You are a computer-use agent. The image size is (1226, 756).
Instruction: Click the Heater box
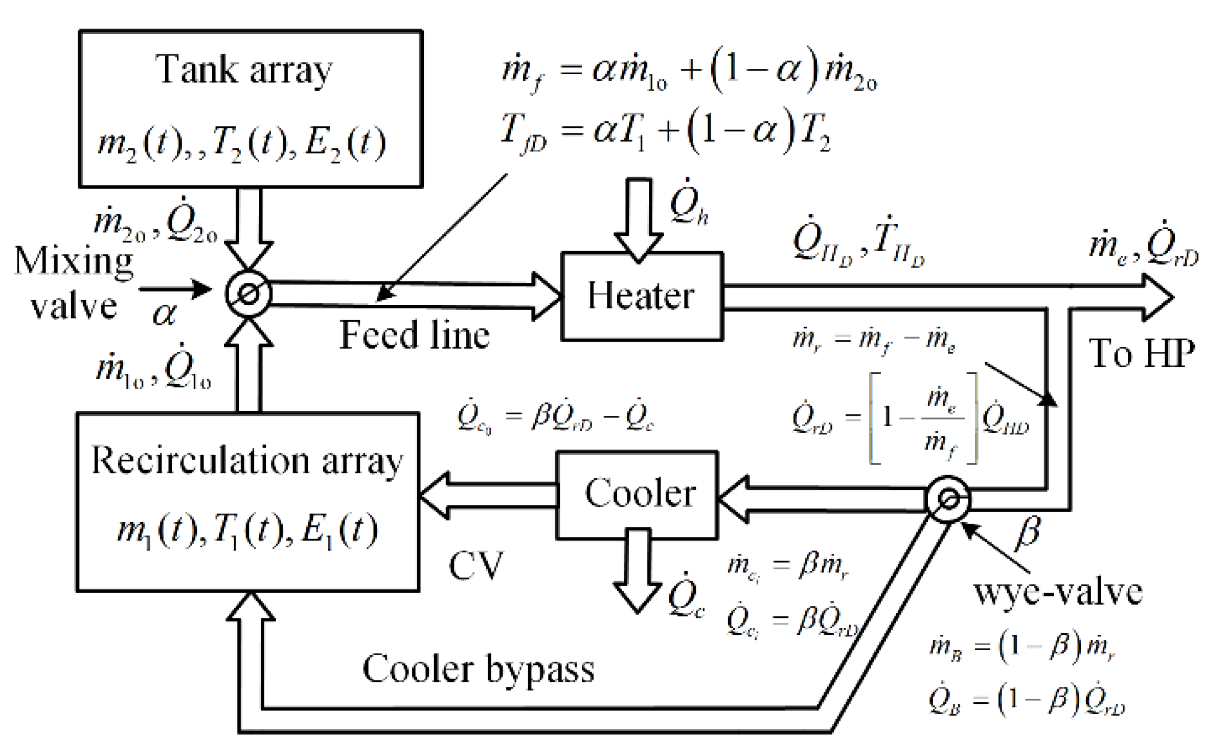641,296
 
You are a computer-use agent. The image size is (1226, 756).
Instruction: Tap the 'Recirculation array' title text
247,461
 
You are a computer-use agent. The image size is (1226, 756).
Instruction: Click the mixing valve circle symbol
248,294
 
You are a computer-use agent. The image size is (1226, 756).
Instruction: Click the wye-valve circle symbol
947,499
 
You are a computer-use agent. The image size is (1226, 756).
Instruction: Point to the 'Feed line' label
414,335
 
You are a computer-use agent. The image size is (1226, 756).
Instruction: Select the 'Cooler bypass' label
478,669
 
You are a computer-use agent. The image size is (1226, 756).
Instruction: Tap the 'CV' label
475,566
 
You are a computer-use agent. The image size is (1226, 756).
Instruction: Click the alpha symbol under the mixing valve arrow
165,313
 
